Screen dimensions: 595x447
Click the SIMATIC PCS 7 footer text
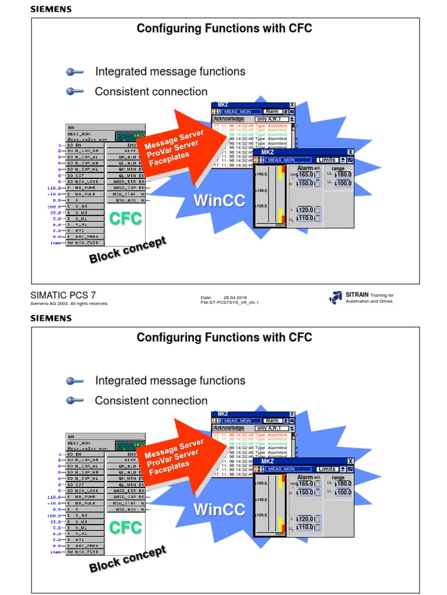(62, 296)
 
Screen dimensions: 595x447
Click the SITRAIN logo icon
(335, 297)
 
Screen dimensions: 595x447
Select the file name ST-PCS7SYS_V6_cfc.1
(229, 303)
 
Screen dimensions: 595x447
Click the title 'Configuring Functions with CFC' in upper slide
(224, 28)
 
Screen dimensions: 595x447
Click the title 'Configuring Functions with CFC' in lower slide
(224, 338)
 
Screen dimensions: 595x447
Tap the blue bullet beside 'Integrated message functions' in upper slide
(74, 72)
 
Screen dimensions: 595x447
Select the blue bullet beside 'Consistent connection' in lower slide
(74, 400)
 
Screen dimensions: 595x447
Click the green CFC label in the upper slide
(126, 219)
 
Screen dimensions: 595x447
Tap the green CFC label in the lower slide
(126, 528)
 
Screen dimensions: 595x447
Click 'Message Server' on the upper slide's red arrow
(174, 139)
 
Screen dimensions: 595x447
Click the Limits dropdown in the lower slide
(327, 469)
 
